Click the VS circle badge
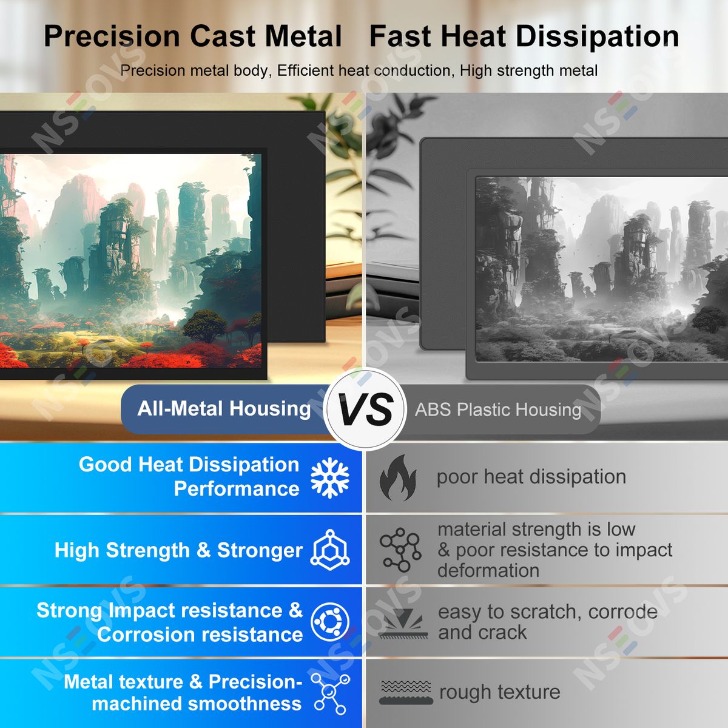[365, 409]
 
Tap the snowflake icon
[330, 477]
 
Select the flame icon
[398, 477]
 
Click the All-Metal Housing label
[224, 409]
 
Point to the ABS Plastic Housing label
[498, 409]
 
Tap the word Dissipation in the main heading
[598, 36]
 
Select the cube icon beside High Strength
[330, 550]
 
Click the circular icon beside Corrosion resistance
[330, 621]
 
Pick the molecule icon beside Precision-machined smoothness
[331, 694]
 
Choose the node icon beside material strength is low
[400, 550]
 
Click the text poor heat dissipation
[531, 477]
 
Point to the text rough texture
[500, 692]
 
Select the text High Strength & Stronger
[179, 550]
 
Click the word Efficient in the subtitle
[306, 70]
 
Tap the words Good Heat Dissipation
[189, 464]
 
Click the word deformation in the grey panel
[488, 570]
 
